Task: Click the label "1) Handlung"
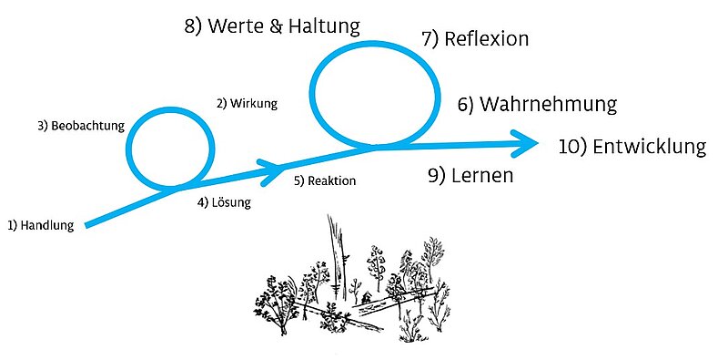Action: coord(41,226)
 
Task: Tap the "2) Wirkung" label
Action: coord(247,103)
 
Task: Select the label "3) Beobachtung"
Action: coord(81,126)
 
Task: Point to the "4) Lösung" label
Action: coord(224,203)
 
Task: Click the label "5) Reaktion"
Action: coord(325,180)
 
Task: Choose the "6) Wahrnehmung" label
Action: coord(538,105)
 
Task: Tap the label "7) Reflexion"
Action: coord(475,39)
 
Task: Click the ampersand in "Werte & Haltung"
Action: coord(277,26)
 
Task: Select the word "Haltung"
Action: coord(324,27)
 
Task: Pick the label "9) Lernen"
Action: coord(470,176)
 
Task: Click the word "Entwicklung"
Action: coord(650,147)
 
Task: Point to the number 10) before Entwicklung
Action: coord(573,147)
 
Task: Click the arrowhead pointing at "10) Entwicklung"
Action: coord(526,143)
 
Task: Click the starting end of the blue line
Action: coord(86,226)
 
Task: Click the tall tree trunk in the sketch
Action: coord(338,256)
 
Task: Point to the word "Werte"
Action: coord(236,26)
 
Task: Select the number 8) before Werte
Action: coord(193,26)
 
